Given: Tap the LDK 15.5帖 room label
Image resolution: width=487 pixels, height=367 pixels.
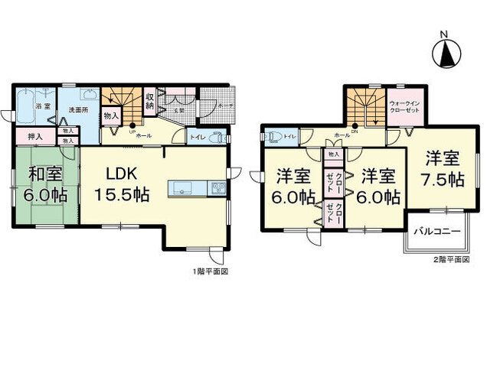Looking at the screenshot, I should pos(120,184).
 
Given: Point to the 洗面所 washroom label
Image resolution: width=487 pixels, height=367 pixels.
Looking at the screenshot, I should pos(77,110).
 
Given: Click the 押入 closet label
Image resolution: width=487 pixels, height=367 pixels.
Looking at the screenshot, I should pos(34,137).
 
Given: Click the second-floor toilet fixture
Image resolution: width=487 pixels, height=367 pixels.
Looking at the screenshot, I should pos(274,138).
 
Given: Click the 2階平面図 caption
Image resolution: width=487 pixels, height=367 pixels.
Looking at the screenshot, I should pos(450,261).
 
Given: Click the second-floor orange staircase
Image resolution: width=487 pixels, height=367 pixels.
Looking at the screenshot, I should pos(366,108).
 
